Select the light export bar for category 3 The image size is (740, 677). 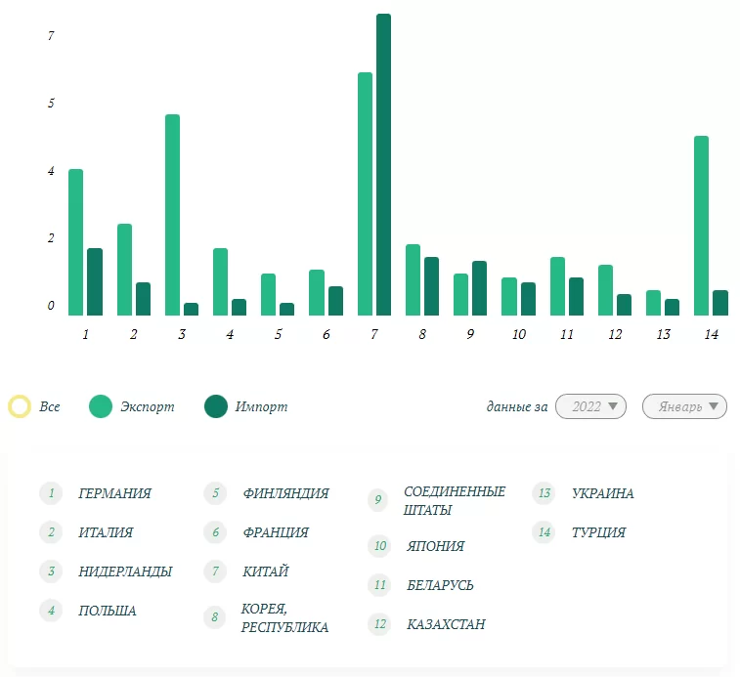(x=172, y=215)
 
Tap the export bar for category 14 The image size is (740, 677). (x=701, y=226)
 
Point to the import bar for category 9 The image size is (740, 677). (x=479, y=288)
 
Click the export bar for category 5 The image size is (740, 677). (x=268, y=294)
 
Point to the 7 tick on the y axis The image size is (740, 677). (x=51, y=36)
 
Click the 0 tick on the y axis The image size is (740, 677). (x=51, y=306)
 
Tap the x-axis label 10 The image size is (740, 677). (x=518, y=334)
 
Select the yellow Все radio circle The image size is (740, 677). (x=20, y=406)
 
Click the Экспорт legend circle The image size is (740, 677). (x=100, y=406)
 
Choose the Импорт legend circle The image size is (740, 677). (x=215, y=406)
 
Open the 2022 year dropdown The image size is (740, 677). (x=590, y=406)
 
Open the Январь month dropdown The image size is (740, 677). (x=684, y=406)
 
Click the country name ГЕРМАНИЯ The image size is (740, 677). (x=114, y=493)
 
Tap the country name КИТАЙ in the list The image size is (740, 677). (x=265, y=571)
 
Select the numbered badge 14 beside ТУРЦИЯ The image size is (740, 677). (x=544, y=532)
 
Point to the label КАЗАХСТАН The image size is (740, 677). (x=446, y=624)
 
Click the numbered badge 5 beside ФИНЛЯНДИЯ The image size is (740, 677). (x=214, y=493)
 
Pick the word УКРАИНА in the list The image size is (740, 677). (x=602, y=493)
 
